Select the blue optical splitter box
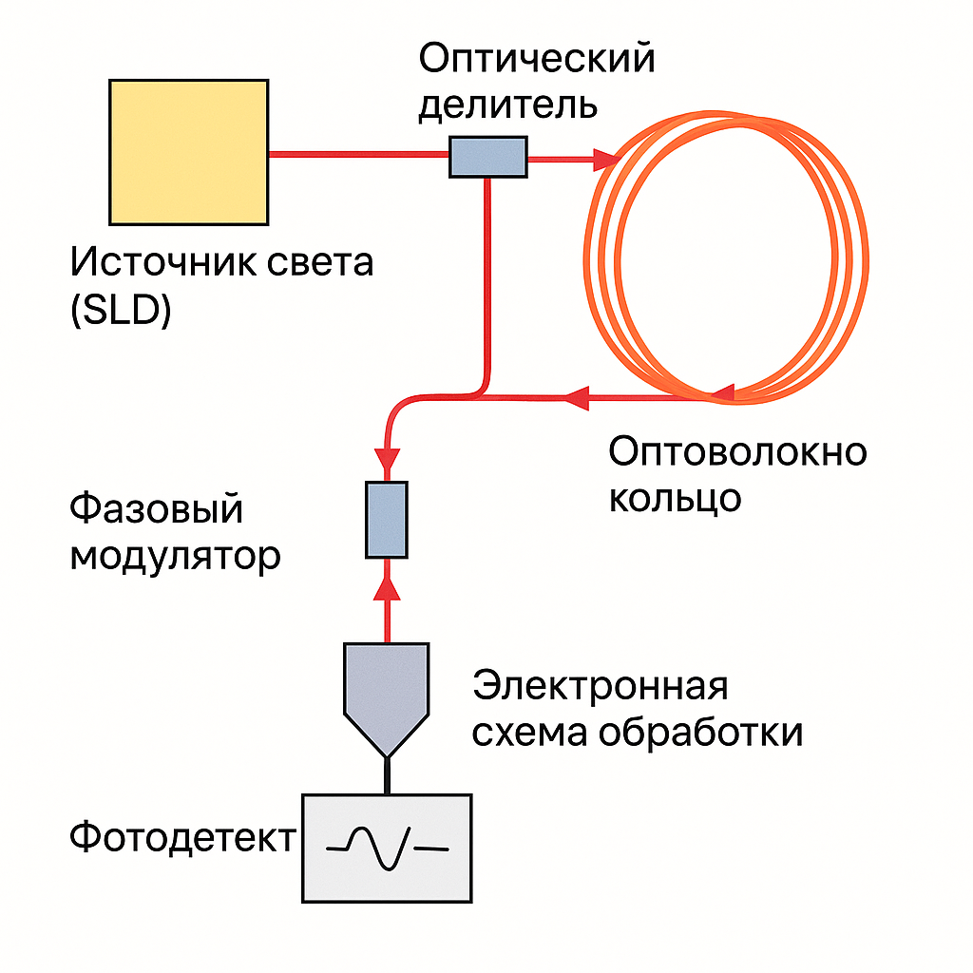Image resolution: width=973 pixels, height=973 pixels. (487, 156)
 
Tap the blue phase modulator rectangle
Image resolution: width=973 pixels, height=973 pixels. (387, 519)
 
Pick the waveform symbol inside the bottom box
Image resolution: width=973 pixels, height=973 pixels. (387, 846)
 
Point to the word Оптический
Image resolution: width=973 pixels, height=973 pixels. (537, 59)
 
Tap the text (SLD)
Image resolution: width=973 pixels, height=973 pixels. (121, 311)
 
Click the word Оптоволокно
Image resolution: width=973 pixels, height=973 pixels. (738, 452)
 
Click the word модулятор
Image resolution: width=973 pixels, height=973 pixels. (176, 556)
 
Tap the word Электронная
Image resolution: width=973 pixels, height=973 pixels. (601, 686)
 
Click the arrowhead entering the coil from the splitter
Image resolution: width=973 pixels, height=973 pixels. (605, 160)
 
